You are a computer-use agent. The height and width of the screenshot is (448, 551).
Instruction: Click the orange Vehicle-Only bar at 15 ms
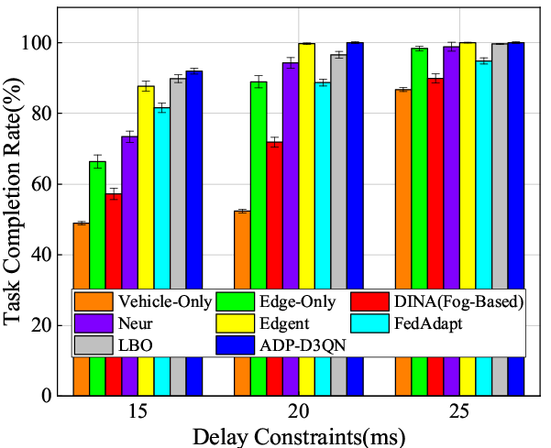pyautogui.click(x=81, y=257)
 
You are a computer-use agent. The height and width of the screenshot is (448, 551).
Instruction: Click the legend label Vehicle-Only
pyautogui.click(x=161, y=301)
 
